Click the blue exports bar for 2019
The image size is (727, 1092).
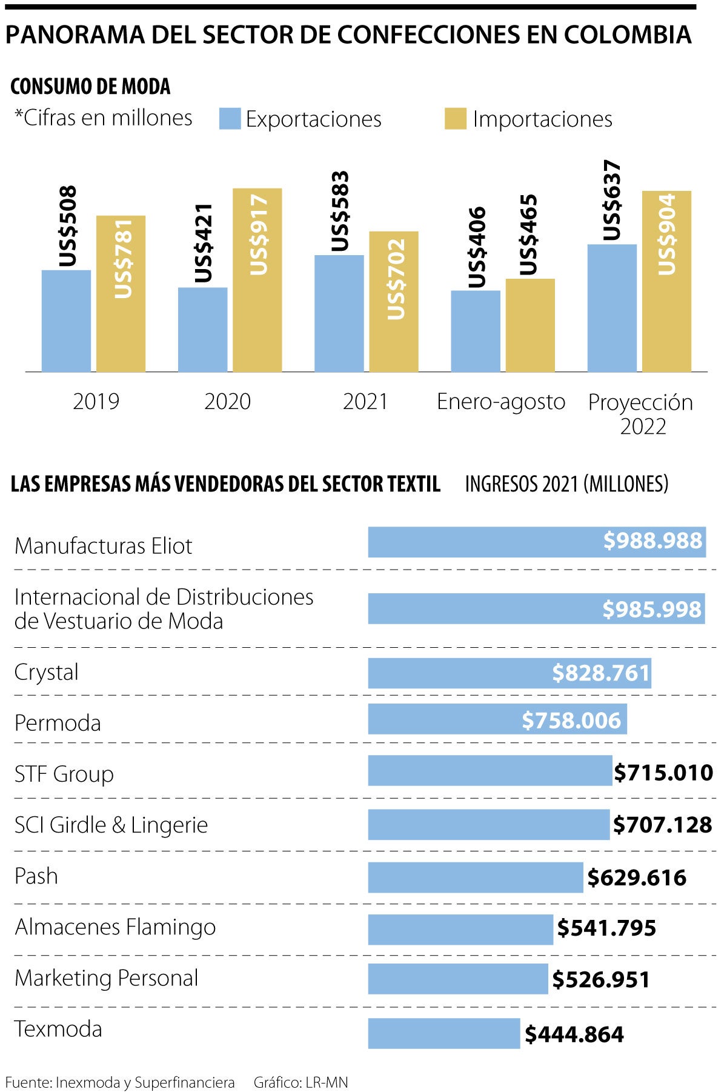(66, 321)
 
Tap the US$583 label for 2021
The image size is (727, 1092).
(340, 211)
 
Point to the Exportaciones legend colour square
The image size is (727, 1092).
(230, 119)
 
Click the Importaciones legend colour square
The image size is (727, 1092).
(456, 119)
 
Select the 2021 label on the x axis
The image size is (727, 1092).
(365, 402)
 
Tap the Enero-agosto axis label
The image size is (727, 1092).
(501, 402)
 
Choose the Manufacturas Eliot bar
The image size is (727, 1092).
(537, 542)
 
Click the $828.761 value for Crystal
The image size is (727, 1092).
(601, 673)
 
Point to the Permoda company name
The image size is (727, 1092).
(58, 723)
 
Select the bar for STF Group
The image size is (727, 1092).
(490, 770)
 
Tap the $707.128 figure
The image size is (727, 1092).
(663, 825)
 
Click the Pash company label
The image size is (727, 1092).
(36, 876)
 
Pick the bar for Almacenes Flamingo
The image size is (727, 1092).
(460, 930)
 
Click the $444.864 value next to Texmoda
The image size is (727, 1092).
(574, 1034)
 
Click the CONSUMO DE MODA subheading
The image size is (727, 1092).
(90, 87)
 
